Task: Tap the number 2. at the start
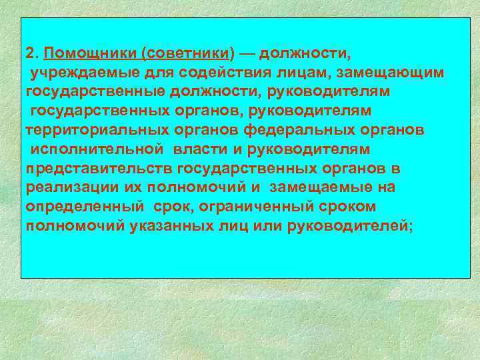(33, 52)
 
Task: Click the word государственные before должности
(96, 90)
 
